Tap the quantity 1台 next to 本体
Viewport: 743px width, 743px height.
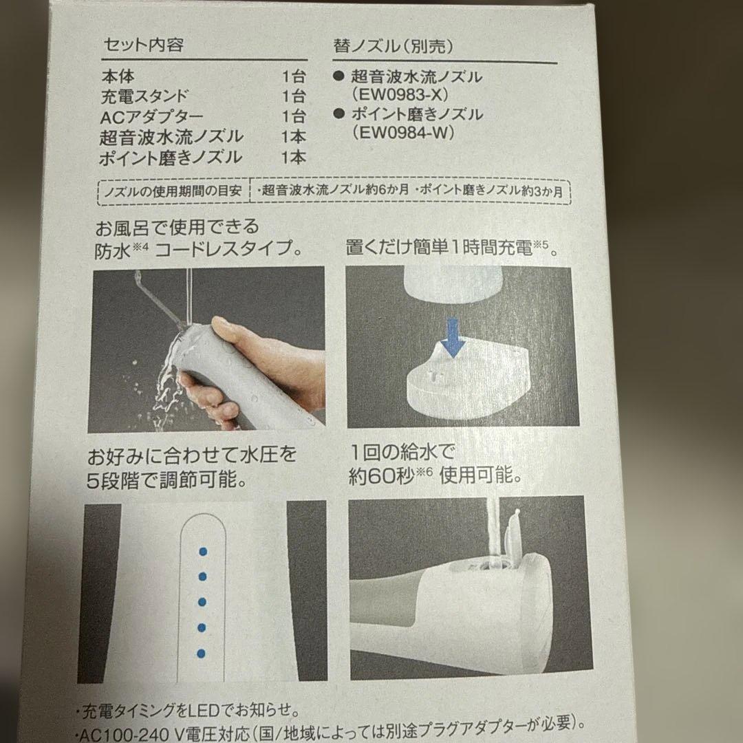pos(293,76)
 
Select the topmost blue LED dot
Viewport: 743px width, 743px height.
pos(202,551)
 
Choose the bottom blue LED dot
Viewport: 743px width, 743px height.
pos(202,652)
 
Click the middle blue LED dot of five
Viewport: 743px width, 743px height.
pos(202,602)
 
